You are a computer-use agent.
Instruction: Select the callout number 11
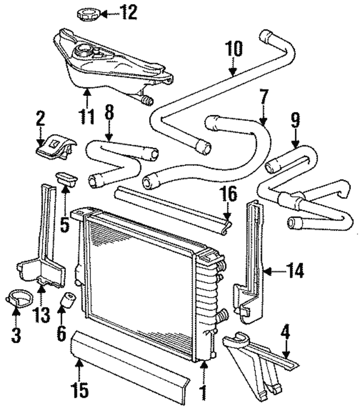87,116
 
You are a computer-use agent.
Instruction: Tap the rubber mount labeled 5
66,177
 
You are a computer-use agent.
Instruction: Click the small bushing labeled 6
68,299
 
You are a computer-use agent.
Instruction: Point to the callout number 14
295,271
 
